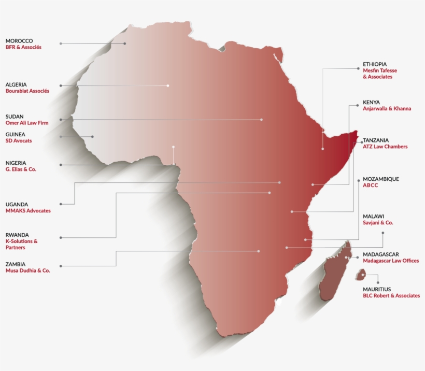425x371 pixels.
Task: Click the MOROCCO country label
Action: coord(19,40)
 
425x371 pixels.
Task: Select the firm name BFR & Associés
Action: coord(23,47)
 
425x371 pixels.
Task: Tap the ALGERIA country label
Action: coord(16,84)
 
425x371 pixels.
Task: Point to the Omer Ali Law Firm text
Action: coord(27,123)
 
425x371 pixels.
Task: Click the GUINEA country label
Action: coord(16,134)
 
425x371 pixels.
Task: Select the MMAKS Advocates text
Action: coord(28,211)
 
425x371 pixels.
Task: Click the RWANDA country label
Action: coord(17,234)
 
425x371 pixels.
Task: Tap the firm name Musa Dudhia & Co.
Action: coord(28,270)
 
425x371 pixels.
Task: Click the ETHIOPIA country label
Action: coord(375,64)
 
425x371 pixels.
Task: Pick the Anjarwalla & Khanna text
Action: coord(387,109)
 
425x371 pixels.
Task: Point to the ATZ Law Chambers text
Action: coord(385,147)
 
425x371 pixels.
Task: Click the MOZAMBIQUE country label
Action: coord(381,179)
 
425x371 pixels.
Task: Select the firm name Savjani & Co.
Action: coord(378,222)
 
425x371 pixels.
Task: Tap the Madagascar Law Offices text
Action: coord(391,261)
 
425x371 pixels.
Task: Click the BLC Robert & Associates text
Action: coord(391,295)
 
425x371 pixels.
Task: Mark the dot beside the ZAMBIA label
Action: coord(61,266)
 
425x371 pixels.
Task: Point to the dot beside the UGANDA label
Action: coord(61,203)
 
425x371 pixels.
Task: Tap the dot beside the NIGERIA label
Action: coord(61,165)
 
